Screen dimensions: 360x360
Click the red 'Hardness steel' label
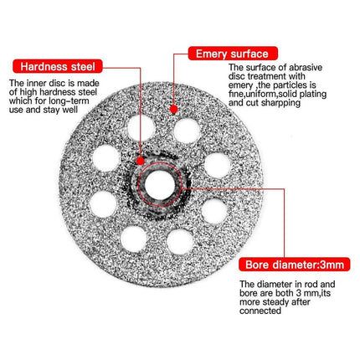[58, 66]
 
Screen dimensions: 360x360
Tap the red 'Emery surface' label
[233, 54]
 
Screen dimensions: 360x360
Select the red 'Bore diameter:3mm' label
[294, 265]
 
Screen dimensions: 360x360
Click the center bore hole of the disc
[160, 185]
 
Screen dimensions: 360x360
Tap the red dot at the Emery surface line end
[173, 109]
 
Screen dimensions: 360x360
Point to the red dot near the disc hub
[141, 161]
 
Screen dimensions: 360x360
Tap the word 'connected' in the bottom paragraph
[260, 311]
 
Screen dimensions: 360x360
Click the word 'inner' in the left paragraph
[37, 83]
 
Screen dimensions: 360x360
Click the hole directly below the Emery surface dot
[188, 131]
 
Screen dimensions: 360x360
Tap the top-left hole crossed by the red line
[141, 128]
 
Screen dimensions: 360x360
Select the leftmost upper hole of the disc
[106, 158]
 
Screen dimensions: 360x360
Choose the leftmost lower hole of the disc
[103, 204]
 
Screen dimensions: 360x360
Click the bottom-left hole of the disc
[134, 239]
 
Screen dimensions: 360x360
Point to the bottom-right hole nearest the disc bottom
[180, 242]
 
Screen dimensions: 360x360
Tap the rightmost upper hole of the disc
[218, 166]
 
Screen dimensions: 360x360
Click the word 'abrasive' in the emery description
[306, 67]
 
